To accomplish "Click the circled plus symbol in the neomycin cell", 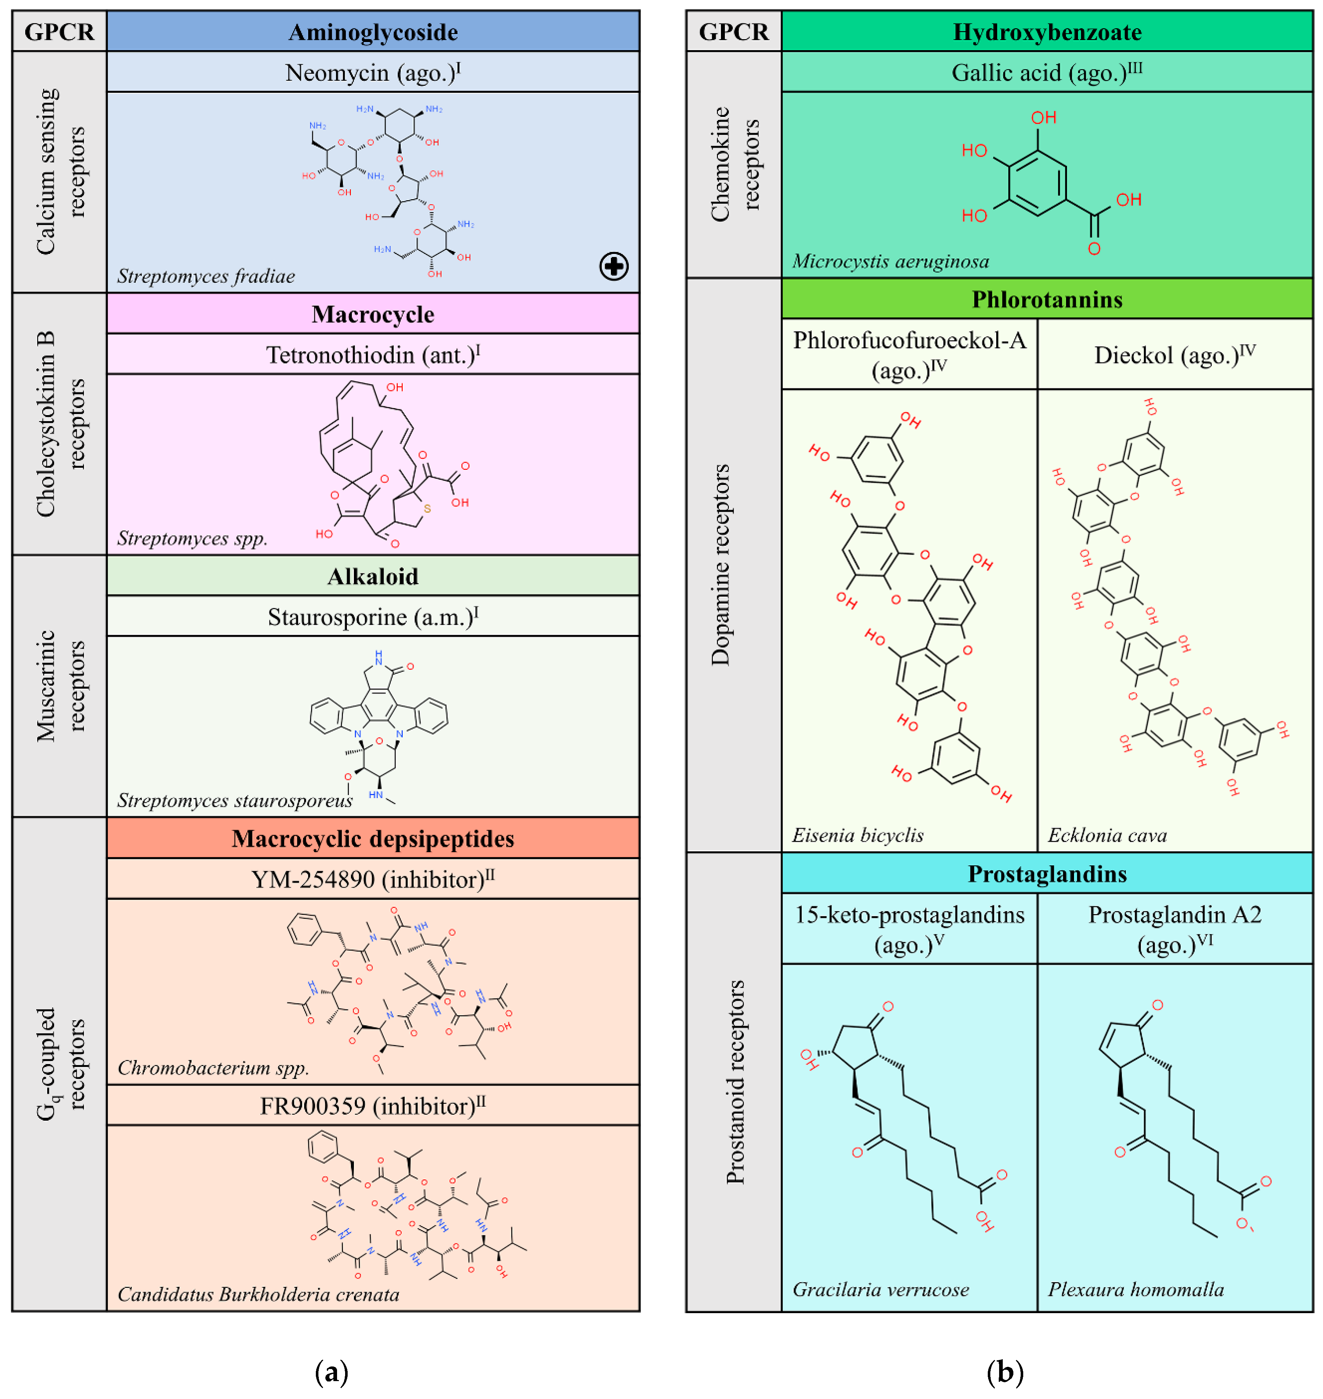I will pyautogui.click(x=613, y=266).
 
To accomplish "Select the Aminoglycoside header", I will pyautogui.click(x=373, y=32).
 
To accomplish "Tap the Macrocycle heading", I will pyautogui.click(x=373, y=314).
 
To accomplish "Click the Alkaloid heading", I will pyautogui.click(x=373, y=577).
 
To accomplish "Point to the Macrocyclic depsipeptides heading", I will pyautogui.click(x=373, y=839).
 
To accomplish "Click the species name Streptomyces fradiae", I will pyautogui.click(x=206, y=276).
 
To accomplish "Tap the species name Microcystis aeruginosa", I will pyautogui.click(x=891, y=262).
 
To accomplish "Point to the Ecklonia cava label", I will pyautogui.click(x=1107, y=835).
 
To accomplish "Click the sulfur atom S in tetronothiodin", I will pyautogui.click(x=427, y=508).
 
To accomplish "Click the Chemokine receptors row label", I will pyautogui.click(x=734, y=164).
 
